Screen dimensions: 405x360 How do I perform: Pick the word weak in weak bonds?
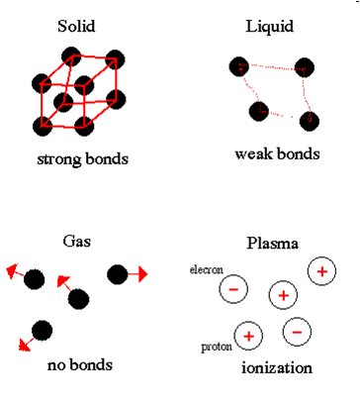[x=252, y=154]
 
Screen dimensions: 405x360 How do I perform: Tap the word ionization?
[x=277, y=368]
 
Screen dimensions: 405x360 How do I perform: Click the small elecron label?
[x=206, y=269]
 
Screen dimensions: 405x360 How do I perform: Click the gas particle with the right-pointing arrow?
[x=116, y=273]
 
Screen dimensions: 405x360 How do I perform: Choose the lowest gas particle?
[x=42, y=330]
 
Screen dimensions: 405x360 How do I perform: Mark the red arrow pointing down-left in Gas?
[x=24, y=345]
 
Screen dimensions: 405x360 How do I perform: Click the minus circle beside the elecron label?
[x=233, y=289]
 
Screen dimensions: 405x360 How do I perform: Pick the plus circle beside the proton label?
[x=248, y=337]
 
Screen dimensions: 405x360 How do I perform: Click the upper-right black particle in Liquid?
[x=305, y=67]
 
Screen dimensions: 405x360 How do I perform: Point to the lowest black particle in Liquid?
[x=310, y=121]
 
